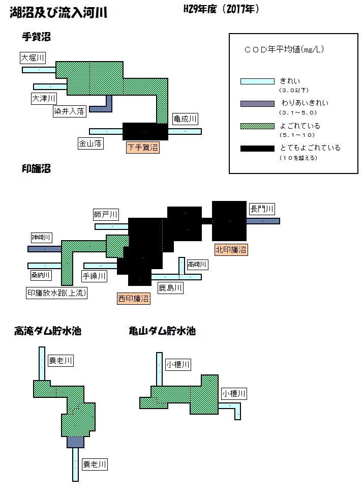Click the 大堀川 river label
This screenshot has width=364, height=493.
pyautogui.click(x=33, y=58)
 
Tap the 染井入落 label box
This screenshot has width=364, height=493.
pyautogui.click(x=69, y=111)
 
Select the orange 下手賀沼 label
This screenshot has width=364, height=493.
pyautogui.click(x=142, y=148)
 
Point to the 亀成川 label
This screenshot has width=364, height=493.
pyautogui.click(x=185, y=119)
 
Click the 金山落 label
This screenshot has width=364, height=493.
pyautogui.click(x=90, y=143)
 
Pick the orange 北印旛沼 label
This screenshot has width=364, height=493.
pyautogui.click(x=231, y=250)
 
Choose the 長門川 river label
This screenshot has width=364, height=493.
pyautogui.click(x=262, y=209)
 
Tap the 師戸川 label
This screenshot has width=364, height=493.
pyautogui.click(x=106, y=215)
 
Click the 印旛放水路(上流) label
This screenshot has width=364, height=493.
pyautogui.click(x=56, y=293)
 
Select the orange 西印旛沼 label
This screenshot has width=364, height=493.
pyautogui.click(x=134, y=298)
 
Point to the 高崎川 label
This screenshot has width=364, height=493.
pyautogui.click(x=197, y=265)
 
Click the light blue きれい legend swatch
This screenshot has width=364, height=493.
pyautogui.click(x=257, y=81)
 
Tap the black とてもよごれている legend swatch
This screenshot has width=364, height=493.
pyautogui.click(x=257, y=149)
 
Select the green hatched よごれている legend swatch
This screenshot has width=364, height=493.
pyautogui.click(x=257, y=126)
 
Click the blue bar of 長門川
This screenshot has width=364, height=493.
pyautogui.click(x=263, y=221)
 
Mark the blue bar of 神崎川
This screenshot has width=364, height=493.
pyautogui.click(x=45, y=249)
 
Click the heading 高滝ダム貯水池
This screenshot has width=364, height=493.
pyautogui.click(x=48, y=331)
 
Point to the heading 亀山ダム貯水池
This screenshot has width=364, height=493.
pyautogui.click(x=162, y=331)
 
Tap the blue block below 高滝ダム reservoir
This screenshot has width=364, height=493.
pyautogui.click(x=75, y=442)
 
